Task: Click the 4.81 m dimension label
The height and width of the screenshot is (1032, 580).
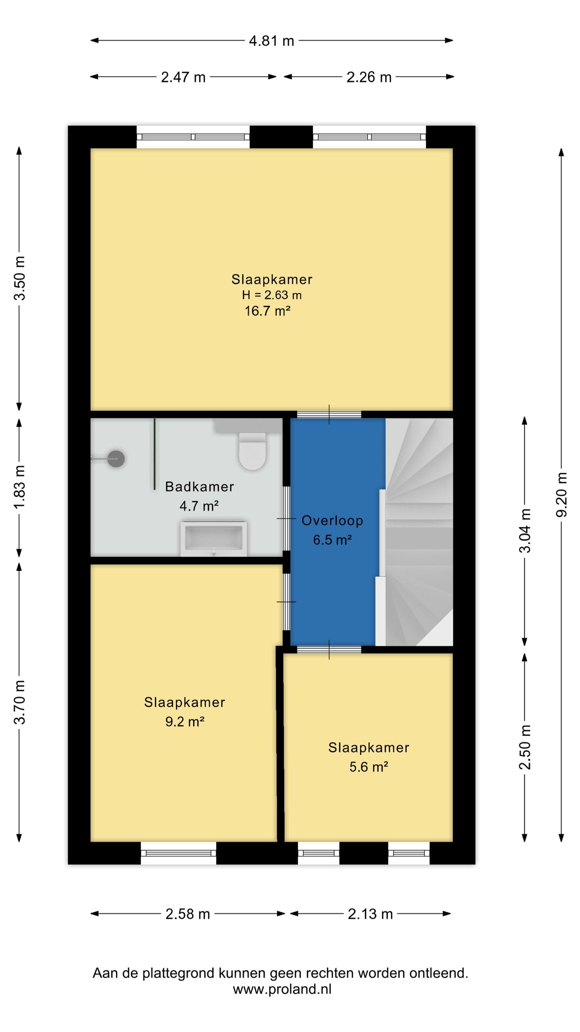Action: coord(271,41)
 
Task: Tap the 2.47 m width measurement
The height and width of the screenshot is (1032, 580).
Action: coord(183,77)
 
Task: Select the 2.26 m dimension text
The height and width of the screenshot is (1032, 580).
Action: coord(369,77)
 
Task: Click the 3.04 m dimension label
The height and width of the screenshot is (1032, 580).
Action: coord(524,531)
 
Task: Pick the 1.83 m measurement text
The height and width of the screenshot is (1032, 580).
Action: coord(19,487)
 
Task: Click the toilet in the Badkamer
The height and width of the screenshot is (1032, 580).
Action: coord(253,451)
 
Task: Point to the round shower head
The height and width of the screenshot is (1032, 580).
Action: coord(116,459)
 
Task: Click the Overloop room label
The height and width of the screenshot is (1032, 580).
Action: coord(332,520)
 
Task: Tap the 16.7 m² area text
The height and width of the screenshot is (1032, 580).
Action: coord(268,311)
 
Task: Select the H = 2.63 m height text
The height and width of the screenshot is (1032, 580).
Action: coord(272,295)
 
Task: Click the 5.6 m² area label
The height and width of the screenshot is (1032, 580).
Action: coord(369,766)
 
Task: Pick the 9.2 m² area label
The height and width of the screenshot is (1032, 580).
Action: coord(185,721)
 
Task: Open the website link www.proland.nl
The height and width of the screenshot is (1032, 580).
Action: coord(282,989)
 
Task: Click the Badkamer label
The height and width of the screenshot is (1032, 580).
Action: coord(200,487)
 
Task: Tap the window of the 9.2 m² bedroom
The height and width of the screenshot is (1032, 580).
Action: coord(178,853)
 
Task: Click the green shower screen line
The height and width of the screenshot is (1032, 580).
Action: coord(154,454)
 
